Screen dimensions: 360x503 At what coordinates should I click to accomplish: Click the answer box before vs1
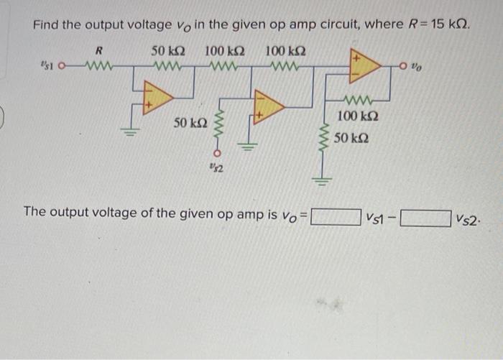(334, 216)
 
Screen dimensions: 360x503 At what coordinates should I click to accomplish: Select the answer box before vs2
(425, 216)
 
